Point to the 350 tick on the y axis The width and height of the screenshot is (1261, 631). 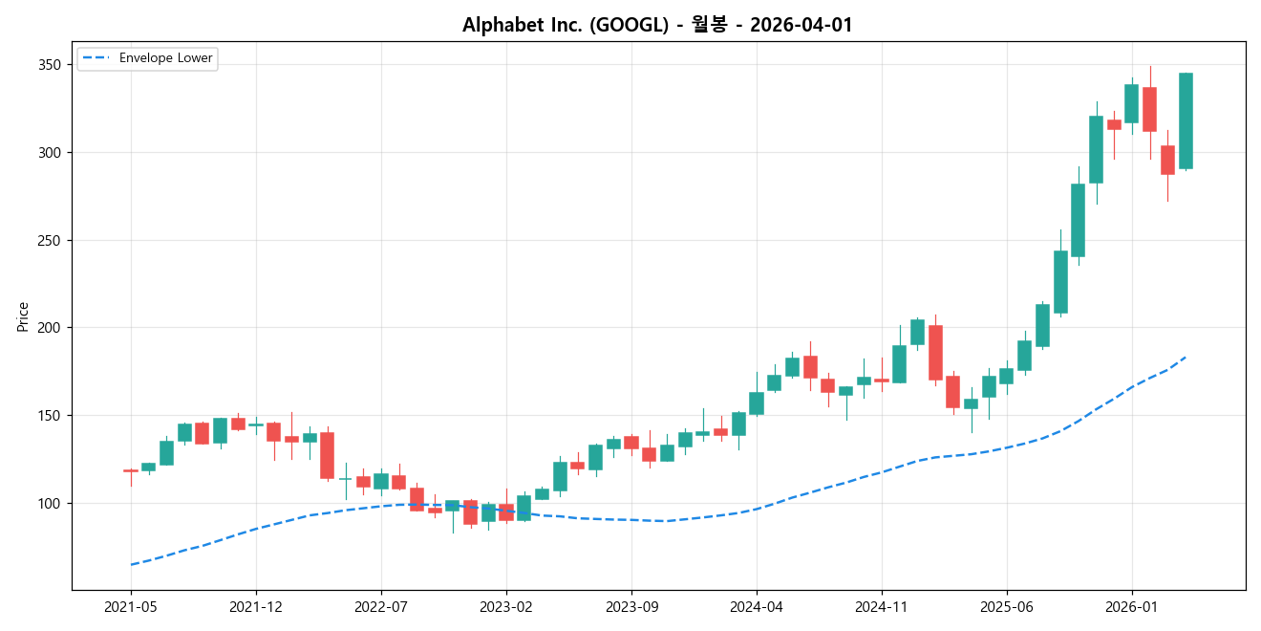click(x=49, y=65)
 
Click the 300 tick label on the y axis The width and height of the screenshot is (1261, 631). click(x=49, y=153)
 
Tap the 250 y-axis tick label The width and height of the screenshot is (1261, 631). click(x=49, y=240)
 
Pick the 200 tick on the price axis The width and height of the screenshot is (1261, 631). click(x=49, y=328)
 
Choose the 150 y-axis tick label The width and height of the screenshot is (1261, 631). click(x=49, y=416)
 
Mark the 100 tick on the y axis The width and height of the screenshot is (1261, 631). click(x=49, y=504)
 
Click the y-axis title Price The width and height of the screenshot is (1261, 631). click(x=23, y=316)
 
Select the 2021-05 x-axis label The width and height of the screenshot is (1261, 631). click(x=131, y=606)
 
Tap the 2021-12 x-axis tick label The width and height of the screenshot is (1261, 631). click(x=256, y=606)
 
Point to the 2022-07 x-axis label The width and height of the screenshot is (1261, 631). click(x=381, y=606)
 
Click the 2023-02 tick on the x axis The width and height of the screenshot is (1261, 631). click(x=506, y=606)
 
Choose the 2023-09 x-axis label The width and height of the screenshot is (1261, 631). click(x=631, y=606)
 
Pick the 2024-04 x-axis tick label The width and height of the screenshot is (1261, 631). click(x=757, y=606)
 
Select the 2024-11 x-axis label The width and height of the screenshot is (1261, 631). click(x=882, y=606)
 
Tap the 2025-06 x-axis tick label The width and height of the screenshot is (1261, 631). click(x=1007, y=606)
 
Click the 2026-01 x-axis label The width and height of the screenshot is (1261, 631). click(x=1132, y=606)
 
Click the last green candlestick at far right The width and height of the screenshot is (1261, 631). click(x=1186, y=121)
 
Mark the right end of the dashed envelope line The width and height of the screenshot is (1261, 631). click(x=1186, y=357)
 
